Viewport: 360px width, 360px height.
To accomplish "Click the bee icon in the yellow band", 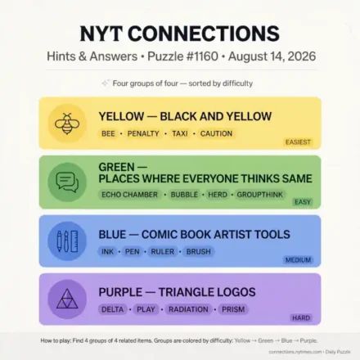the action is click(x=67, y=124).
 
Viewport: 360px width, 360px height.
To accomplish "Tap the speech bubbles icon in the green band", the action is click(x=67, y=182).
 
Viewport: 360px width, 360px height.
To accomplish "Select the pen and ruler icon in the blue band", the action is click(x=67, y=241).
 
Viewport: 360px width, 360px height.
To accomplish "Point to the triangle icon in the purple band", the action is click(x=67, y=299).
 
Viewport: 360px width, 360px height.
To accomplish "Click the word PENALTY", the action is click(x=143, y=133).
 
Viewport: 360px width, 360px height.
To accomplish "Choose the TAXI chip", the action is click(x=180, y=133).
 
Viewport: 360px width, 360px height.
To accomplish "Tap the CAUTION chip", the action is click(x=216, y=133).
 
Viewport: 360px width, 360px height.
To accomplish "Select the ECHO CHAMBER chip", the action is click(x=129, y=195).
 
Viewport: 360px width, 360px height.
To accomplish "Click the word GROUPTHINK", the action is click(x=260, y=195).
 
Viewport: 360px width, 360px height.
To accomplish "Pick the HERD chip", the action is click(x=218, y=195).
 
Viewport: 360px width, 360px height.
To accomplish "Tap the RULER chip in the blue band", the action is click(x=163, y=251).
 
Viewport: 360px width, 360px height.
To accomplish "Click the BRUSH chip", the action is click(x=199, y=251).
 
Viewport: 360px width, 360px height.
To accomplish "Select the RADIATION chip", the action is click(x=188, y=309).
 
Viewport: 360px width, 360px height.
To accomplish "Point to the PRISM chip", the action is click(x=233, y=309).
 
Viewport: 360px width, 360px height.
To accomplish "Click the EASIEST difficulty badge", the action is click(x=298, y=142).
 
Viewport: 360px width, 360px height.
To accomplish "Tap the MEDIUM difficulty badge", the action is click(x=298, y=260).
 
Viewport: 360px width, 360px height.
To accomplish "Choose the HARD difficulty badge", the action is click(x=301, y=317).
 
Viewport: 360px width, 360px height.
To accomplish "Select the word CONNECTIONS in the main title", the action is click(x=204, y=34).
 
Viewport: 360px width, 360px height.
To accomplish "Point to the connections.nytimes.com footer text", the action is click(x=295, y=352).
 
